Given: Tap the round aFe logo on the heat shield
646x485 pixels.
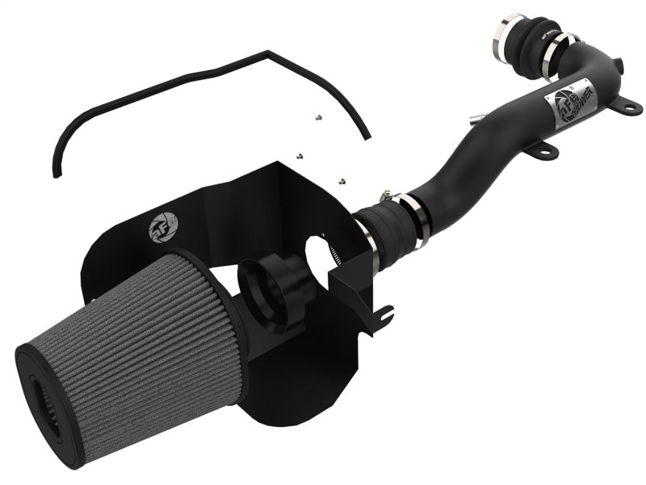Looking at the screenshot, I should tap(159, 230).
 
